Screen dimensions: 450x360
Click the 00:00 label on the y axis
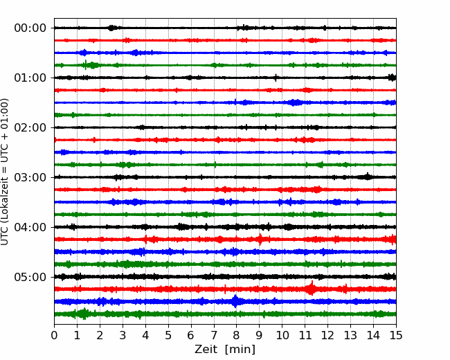pos(30,28)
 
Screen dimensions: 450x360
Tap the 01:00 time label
pos(30,78)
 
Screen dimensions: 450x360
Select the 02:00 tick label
pos(30,127)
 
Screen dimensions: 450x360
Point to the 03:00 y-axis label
pos(30,177)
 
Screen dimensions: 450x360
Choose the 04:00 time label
pos(30,227)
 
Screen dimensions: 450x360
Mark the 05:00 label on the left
pos(30,277)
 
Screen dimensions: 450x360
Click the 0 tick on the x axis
pos(54,335)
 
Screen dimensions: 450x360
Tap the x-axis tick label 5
pos(168,335)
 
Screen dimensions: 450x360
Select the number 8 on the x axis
pos(237,335)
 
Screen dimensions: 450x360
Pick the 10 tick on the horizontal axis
pos(282,335)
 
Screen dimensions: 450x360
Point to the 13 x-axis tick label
pos(350,335)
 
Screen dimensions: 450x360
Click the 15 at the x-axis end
pos(396,335)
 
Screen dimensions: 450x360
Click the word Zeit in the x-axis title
pos(206,349)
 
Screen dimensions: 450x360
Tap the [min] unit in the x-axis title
pos(240,350)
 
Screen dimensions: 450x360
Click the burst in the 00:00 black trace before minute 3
pos(112,28)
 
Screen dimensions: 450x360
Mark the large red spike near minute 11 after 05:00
pos(311,288)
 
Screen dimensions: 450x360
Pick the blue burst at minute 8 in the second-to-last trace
pos(235,301)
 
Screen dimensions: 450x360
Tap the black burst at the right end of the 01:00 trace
pos(393,78)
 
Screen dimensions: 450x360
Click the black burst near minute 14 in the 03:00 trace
pos(368,177)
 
